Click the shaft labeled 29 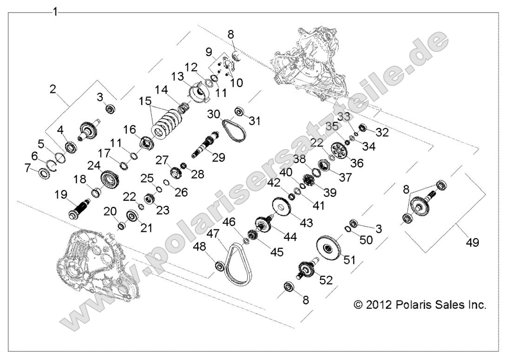207,144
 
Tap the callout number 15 145,101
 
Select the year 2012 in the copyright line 377,305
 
